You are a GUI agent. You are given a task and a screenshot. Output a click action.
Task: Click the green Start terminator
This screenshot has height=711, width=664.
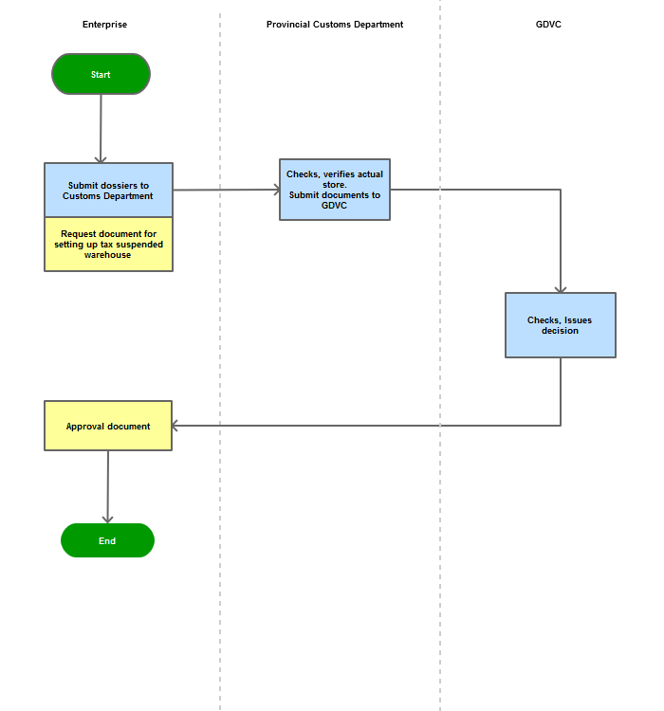click(x=101, y=74)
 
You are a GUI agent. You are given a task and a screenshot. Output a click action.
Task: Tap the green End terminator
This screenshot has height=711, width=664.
click(x=107, y=540)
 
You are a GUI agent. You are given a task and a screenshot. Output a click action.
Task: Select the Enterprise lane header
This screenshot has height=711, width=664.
click(x=105, y=25)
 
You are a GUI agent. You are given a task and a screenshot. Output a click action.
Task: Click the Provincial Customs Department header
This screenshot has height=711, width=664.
click(x=335, y=25)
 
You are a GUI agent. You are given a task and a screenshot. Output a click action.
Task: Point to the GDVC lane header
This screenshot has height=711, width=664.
click(x=548, y=25)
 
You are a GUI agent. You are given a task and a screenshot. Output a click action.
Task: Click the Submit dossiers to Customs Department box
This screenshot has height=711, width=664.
click(x=108, y=190)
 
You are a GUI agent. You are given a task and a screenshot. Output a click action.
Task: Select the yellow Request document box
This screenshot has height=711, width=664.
click(x=108, y=245)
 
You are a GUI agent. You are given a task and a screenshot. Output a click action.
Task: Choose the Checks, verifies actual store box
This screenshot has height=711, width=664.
click(x=335, y=190)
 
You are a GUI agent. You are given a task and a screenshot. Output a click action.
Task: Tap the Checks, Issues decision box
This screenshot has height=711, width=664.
click(x=561, y=325)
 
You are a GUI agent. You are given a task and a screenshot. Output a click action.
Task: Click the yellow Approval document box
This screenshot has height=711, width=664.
click(x=108, y=426)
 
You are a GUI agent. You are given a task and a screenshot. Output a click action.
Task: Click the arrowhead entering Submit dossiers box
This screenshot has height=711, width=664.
click(x=101, y=160)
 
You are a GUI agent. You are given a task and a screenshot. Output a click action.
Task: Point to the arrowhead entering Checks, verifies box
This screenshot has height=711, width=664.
click(x=277, y=190)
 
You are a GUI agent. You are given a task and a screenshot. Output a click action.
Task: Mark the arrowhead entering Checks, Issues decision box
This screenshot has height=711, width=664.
click(x=561, y=290)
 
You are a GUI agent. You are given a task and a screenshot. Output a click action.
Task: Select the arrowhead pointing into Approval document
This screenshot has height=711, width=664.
click(x=175, y=426)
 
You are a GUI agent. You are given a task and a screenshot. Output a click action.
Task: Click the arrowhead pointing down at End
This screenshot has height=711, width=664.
click(x=107, y=520)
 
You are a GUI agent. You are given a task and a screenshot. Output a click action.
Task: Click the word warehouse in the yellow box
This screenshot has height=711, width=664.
click(x=107, y=255)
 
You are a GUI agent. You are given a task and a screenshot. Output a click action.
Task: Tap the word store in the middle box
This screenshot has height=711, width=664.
click(x=335, y=185)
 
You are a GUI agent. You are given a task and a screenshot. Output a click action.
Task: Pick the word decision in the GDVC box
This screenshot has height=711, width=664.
click(x=560, y=331)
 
